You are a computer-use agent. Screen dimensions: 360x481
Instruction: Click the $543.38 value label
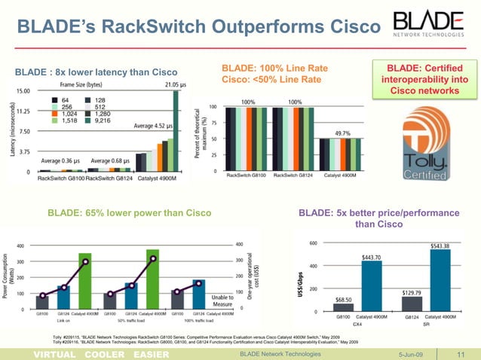pyautogui.click(x=441, y=246)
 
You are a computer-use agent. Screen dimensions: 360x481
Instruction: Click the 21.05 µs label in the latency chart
pyautogui.click(x=176, y=84)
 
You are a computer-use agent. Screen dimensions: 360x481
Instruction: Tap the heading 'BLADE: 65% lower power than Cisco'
pyautogui.click(x=129, y=213)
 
